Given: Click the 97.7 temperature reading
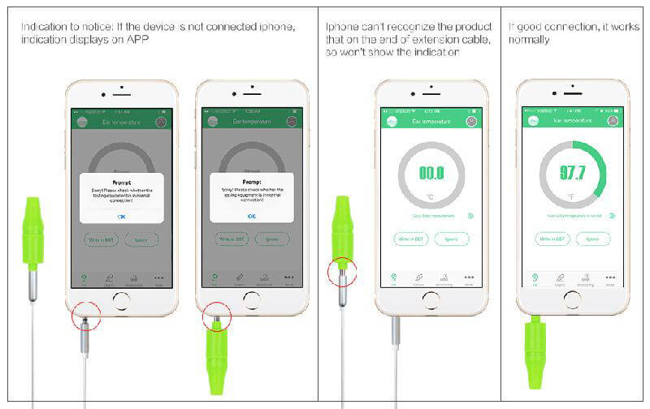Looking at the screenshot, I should [x=572, y=173].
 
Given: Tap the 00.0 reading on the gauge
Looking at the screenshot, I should [x=431, y=173].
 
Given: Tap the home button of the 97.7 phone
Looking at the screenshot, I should [x=572, y=299].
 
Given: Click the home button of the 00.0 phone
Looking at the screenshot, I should [x=431, y=299].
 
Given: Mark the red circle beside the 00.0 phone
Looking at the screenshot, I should [x=342, y=272].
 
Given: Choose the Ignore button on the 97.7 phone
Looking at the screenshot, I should [x=592, y=239].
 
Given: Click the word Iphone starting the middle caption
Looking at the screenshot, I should [x=341, y=27].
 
